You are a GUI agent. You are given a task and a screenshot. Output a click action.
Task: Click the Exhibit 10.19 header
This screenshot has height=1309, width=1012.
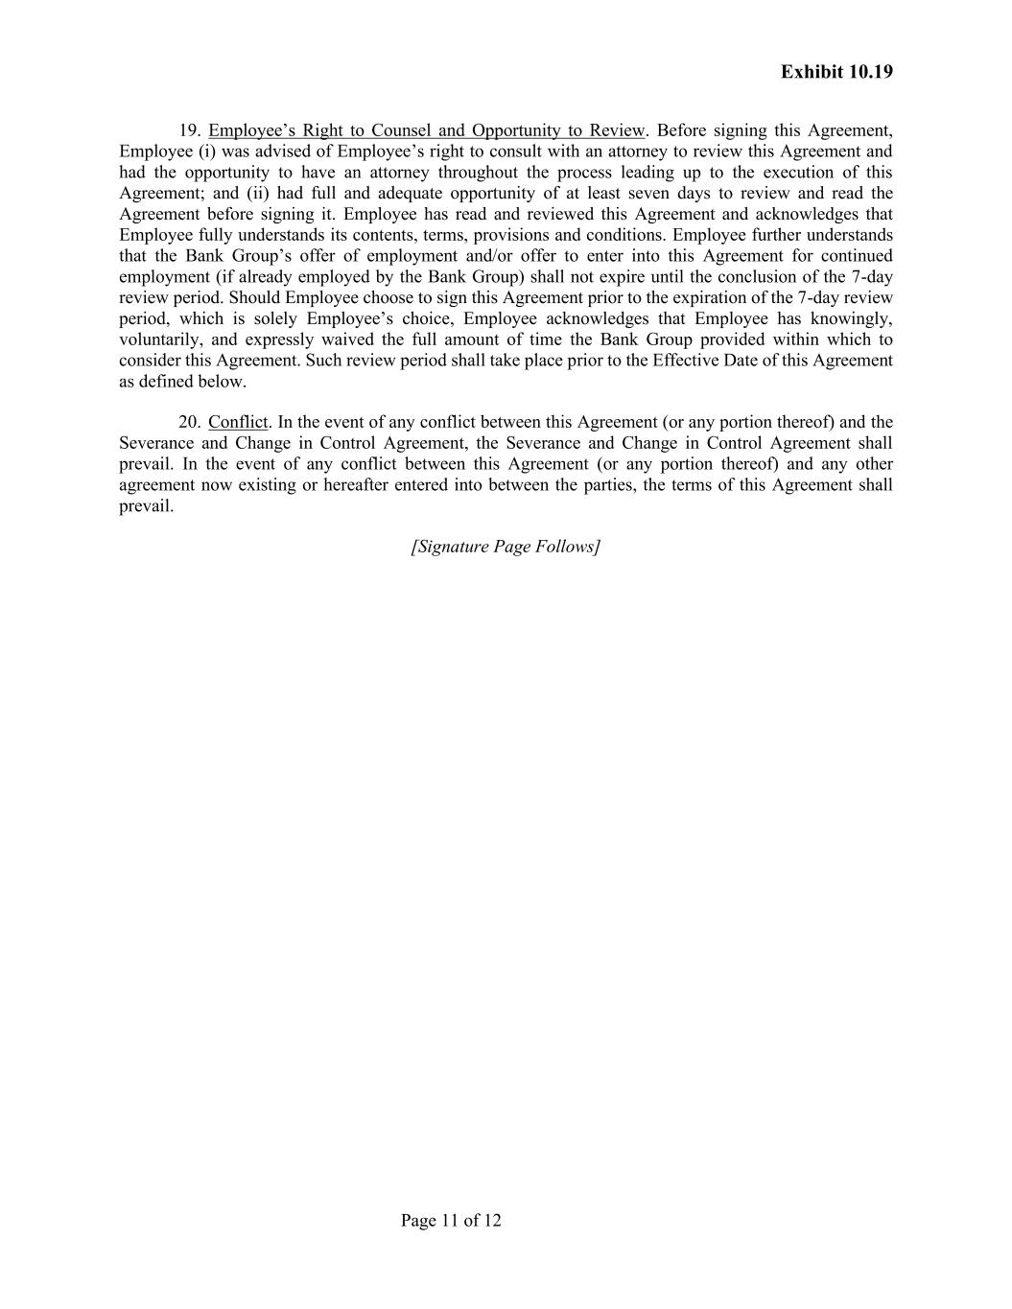click(x=836, y=72)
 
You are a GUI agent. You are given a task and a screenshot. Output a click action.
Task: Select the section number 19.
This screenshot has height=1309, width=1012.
click(x=189, y=130)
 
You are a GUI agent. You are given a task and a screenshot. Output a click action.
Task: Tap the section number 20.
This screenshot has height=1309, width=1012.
click(x=189, y=422)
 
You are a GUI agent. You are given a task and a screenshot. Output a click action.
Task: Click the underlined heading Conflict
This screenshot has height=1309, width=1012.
click(x=238, y=422)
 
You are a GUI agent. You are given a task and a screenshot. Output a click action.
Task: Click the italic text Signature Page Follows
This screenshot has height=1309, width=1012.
click(x=506, y=547)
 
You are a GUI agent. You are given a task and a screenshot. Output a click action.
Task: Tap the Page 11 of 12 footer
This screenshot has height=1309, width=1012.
click(x=451, y=1221)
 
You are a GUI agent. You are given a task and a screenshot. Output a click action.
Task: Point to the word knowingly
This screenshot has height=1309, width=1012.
click(x=855, y=318)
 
